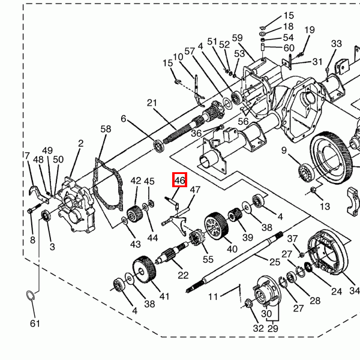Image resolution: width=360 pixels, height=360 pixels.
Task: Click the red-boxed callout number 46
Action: pos(179,180)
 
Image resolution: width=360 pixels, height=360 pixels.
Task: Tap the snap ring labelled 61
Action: pos(31,295)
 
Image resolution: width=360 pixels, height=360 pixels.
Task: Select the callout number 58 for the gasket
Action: pos(106,129)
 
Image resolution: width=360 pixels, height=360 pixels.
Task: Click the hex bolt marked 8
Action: pos(35,208)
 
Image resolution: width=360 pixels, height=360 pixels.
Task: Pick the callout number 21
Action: pos(152,103)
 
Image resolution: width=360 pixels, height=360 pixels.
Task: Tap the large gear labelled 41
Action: pos(145,268)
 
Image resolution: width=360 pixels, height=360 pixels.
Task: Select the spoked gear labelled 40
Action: pos(217,226)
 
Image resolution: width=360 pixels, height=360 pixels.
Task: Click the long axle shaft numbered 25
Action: pos(235,262)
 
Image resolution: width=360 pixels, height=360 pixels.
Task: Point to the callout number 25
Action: pos(275,262)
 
